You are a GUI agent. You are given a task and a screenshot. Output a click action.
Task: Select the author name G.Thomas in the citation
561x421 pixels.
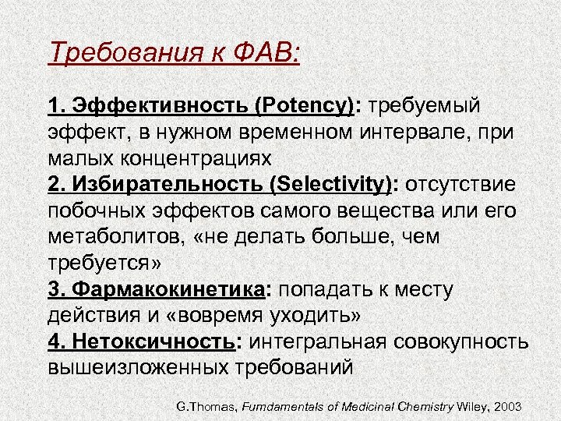[205, 408]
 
